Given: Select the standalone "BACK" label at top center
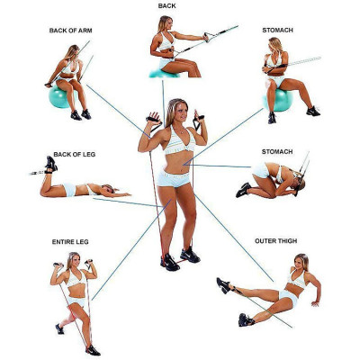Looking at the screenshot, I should (x=167, y=6).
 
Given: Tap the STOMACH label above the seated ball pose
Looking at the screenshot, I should (x=277, y=30).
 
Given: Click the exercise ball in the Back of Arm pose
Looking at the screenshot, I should (x=64, y=96).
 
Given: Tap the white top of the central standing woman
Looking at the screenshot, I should (x=175, y=142).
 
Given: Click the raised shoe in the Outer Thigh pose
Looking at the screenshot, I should (x=223, y=285).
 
